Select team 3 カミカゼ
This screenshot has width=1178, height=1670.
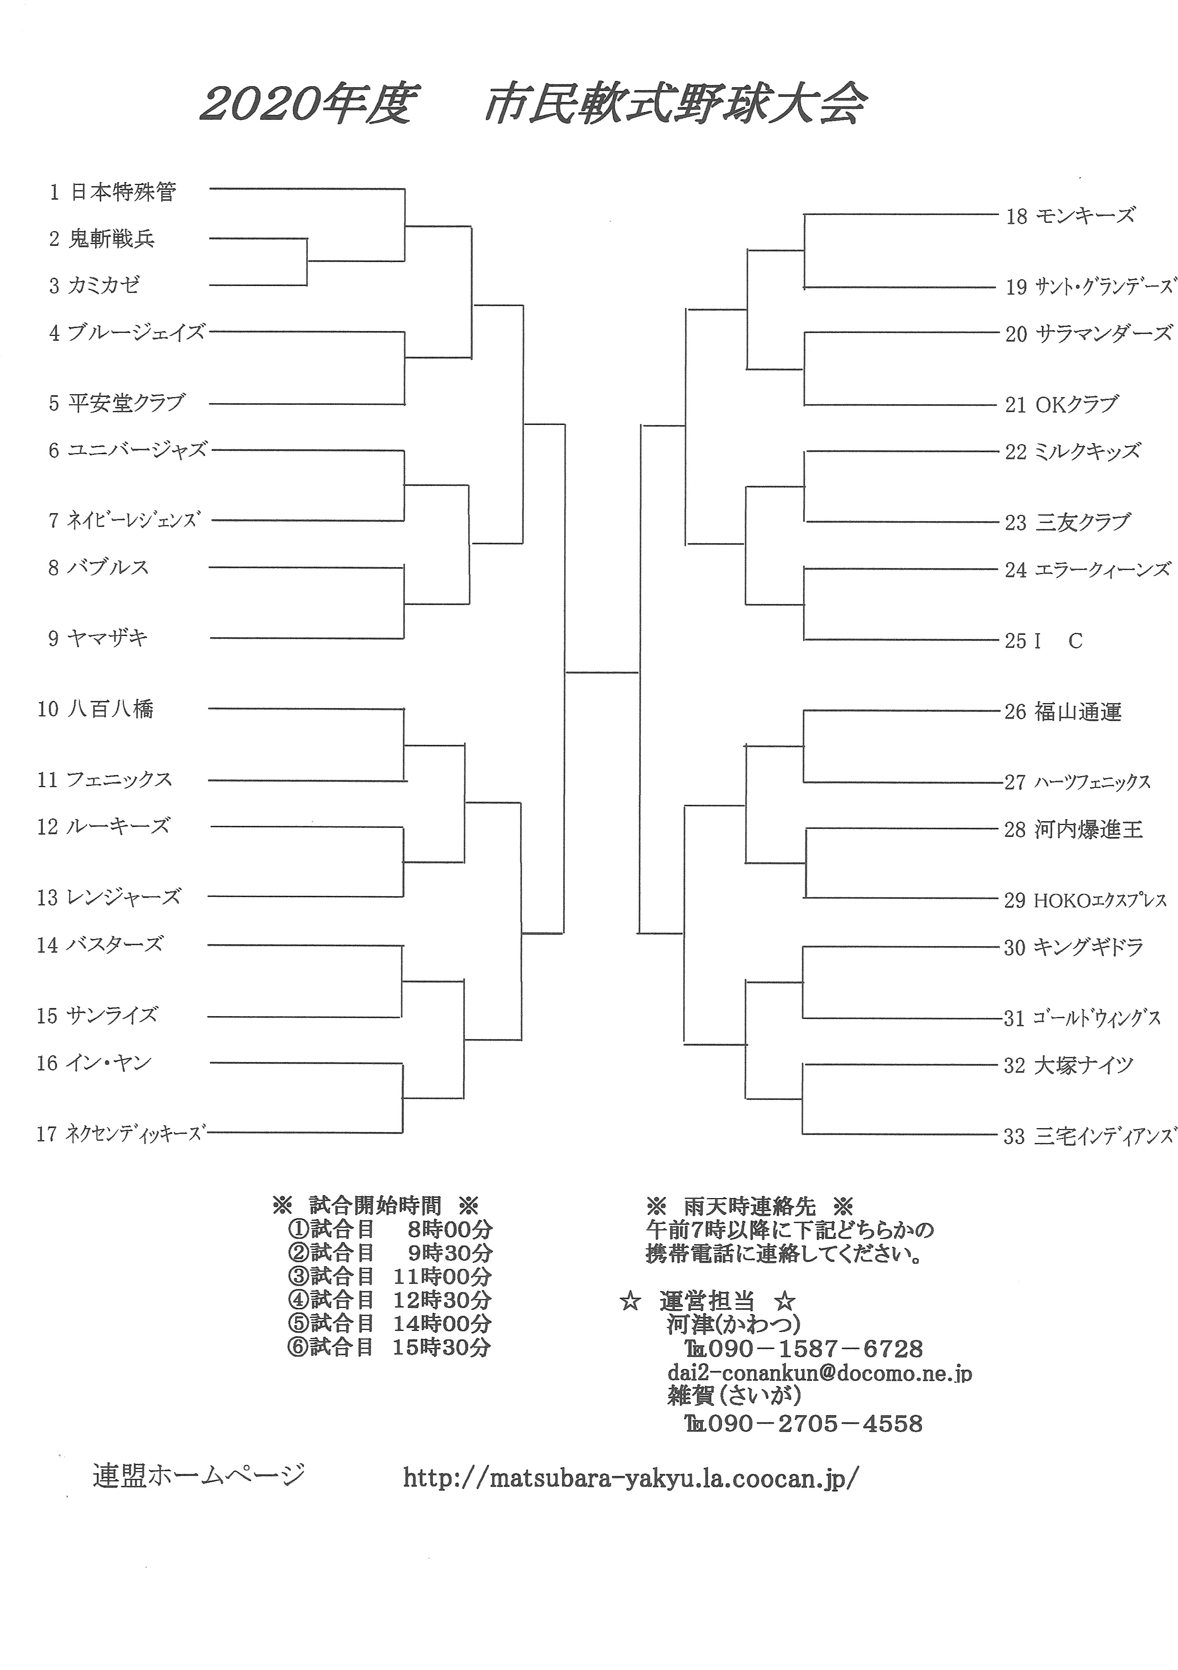94,285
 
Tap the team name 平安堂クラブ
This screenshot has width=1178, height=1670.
126,403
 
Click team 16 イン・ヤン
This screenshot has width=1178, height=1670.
94,1064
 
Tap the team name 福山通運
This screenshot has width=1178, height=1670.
1077,711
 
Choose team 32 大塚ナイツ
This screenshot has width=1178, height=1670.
1069,1065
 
